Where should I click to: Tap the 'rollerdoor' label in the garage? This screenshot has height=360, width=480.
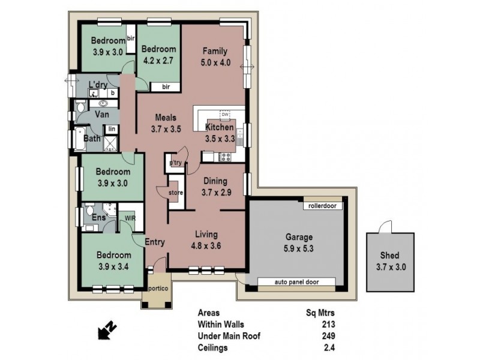[x=323, y=206]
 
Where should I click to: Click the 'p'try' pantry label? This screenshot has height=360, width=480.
[x=176, y=163]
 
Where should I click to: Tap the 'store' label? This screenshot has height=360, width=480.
[x=175, y=193]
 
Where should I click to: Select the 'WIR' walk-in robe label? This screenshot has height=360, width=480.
[x=130, y=218]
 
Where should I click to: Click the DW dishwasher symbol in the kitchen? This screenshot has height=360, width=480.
[x=226, y=115]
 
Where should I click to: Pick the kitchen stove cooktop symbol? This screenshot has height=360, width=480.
[x=227, y=157]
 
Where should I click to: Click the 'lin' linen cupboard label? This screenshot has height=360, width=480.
[x=111, y=128]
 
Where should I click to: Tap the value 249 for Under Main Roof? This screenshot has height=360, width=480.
[x=327, y=335]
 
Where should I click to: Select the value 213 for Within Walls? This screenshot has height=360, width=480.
[x=327, y=324]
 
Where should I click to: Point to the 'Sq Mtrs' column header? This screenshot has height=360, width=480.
[x=321, y=313]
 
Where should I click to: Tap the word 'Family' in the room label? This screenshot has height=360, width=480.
[x=214, y=50]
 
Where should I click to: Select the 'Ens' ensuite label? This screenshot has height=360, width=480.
[x=99, y=217]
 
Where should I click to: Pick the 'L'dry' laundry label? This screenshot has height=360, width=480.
[x=98, y=85]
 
